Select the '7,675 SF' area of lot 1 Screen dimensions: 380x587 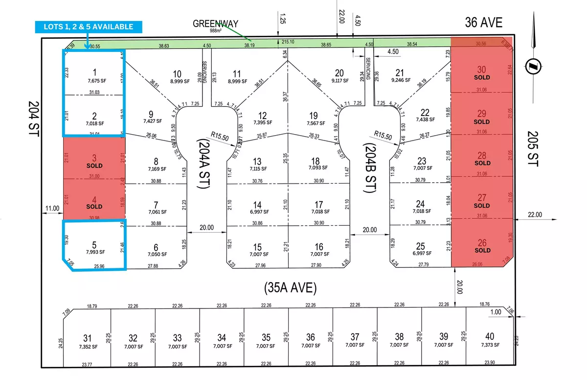click(x=94, y=80)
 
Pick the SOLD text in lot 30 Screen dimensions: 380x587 click(x=482, y=77)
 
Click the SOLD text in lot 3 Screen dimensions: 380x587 click(x=94, y=166)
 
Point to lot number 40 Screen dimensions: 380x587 click(x=489, y=337)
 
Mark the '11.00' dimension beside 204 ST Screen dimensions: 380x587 click(x=52, y=208)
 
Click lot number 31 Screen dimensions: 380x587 click(x=88, y=337)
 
